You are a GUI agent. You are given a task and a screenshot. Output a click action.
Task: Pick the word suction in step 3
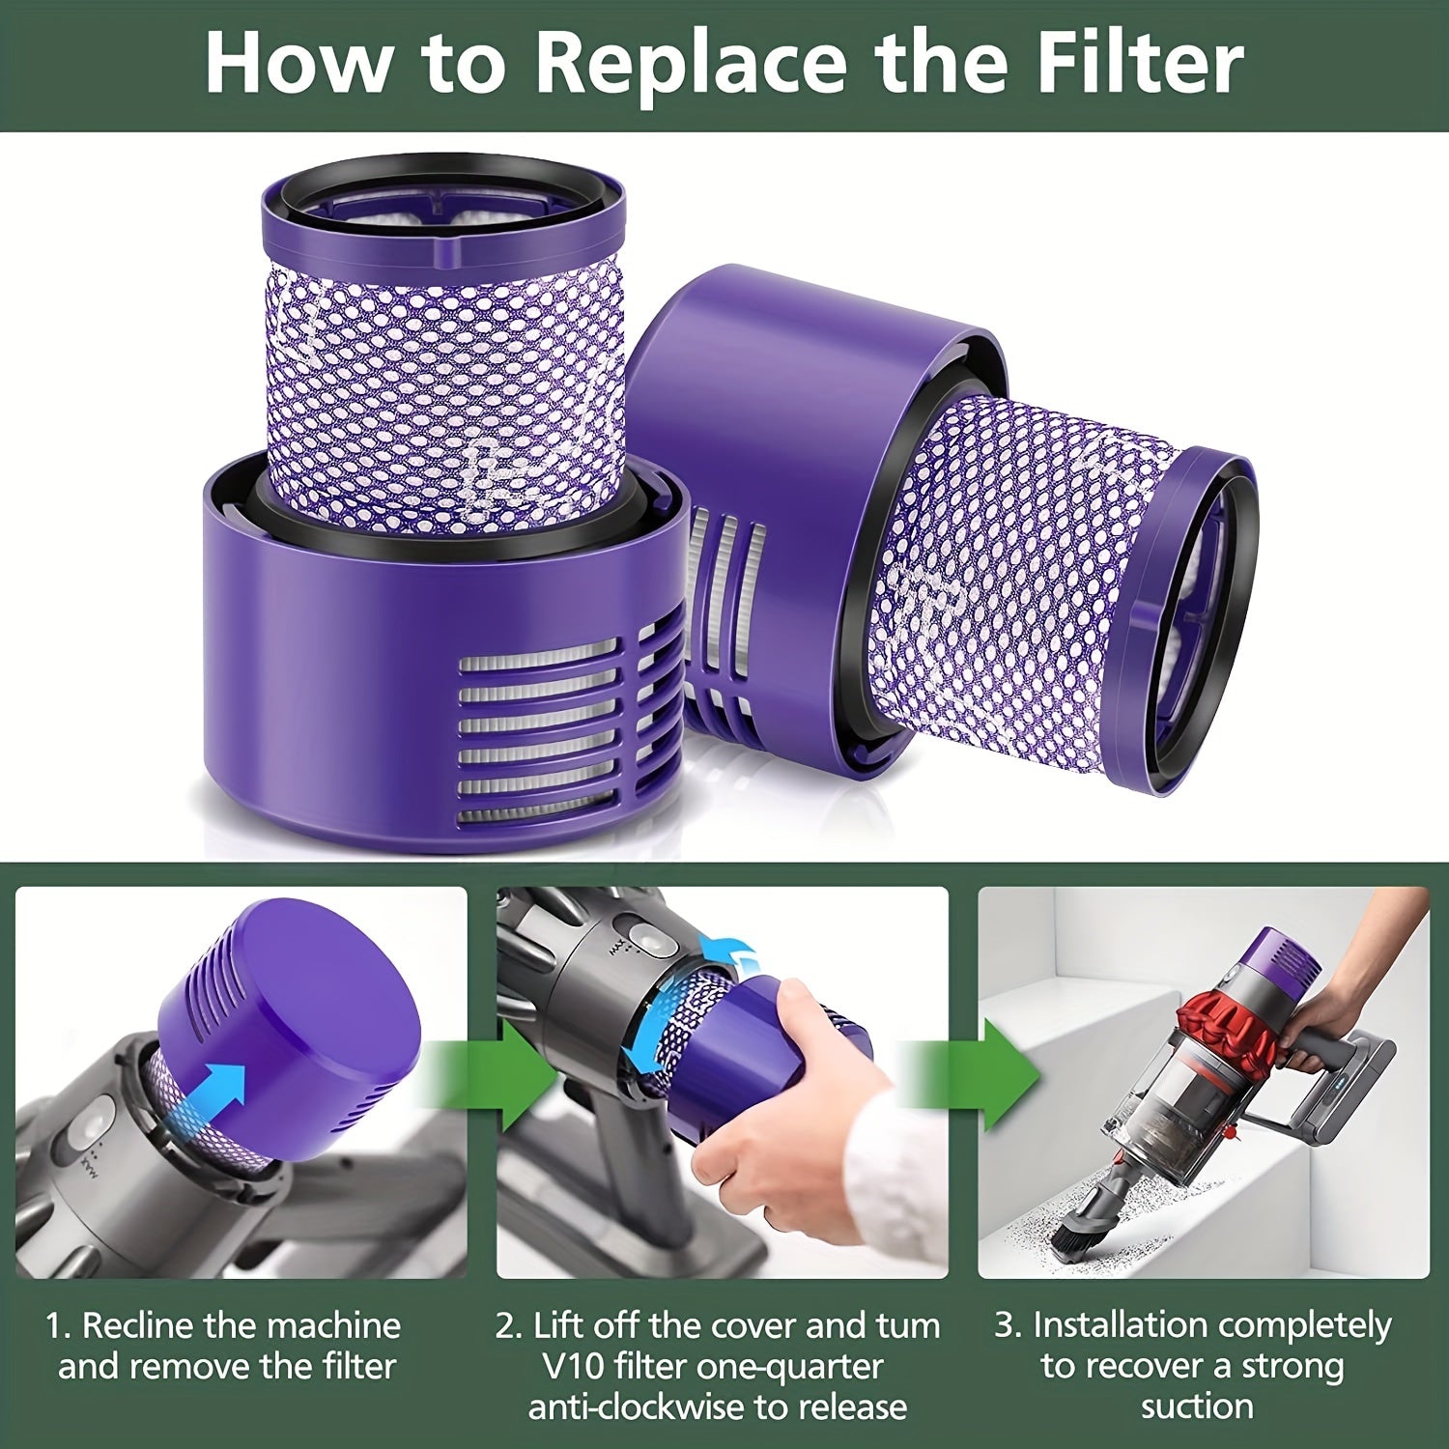coord(1197,1406)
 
